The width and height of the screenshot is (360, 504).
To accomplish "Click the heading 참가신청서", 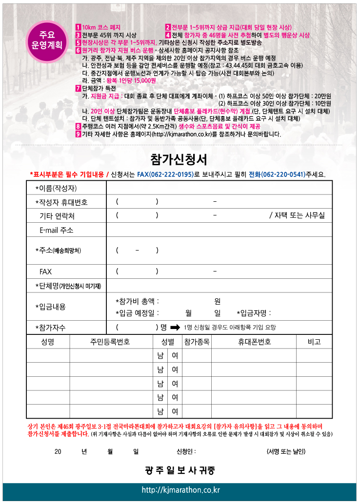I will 180,159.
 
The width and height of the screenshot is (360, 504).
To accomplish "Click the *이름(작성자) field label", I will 56,188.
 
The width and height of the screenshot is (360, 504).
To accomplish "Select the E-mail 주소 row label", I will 56,230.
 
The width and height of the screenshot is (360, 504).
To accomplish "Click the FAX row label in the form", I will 45,271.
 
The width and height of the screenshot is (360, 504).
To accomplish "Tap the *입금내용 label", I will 50,307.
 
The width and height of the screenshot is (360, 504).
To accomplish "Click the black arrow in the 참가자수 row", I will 175,328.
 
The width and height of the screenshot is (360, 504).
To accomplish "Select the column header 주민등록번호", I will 110,342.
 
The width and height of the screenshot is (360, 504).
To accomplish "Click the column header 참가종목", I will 197,342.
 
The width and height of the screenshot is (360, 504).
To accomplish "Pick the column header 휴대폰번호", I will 254,342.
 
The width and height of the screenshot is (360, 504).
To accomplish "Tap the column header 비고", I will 314,342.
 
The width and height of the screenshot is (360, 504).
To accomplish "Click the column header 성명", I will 48,342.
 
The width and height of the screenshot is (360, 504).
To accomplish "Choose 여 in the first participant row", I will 175,356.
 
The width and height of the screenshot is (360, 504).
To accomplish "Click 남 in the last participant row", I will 160,411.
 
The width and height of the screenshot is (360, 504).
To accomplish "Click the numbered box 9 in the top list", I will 78,134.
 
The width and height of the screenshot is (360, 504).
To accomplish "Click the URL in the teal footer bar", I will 180,490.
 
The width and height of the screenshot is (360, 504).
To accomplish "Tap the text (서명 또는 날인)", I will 286,451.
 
